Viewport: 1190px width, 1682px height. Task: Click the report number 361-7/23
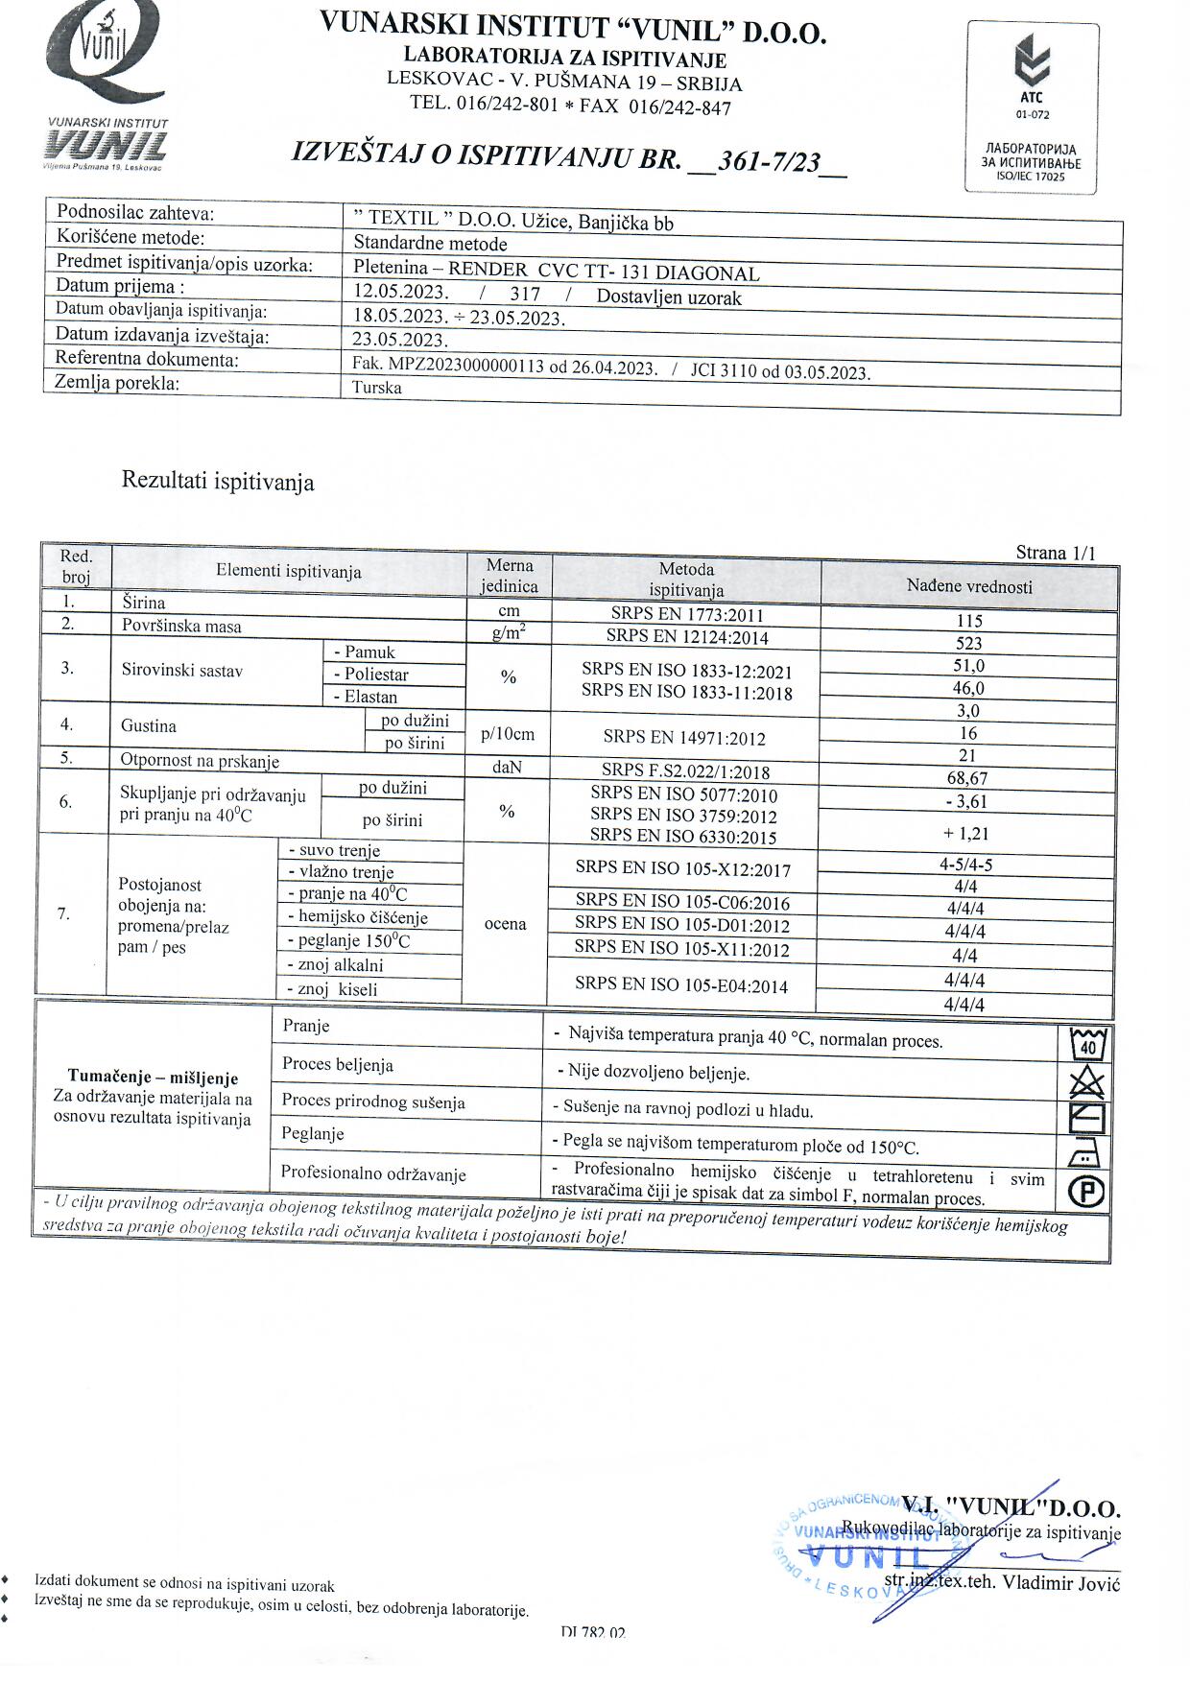(769, 161)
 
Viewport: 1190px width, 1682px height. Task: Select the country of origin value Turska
(377, 388)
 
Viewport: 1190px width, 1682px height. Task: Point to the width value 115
(969, 621)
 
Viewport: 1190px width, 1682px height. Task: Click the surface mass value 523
(969, 644)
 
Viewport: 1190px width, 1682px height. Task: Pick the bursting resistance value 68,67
(966, 778)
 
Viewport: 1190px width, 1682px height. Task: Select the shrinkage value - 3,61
(965, 801)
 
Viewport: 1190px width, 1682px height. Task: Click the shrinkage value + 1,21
(965, 834)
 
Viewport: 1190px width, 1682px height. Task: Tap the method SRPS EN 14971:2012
(684, 737)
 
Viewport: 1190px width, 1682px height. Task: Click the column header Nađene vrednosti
(969, 586)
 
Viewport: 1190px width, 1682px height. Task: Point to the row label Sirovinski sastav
(182, 670)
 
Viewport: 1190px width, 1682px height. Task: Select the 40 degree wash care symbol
(1088, 1043)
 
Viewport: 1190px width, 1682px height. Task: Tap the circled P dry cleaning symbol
(1086, 1191)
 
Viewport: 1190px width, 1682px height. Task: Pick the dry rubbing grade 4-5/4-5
(965, 864)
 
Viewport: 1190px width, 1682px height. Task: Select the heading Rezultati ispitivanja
(218, 481)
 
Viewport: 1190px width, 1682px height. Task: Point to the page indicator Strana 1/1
(1056, 552)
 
